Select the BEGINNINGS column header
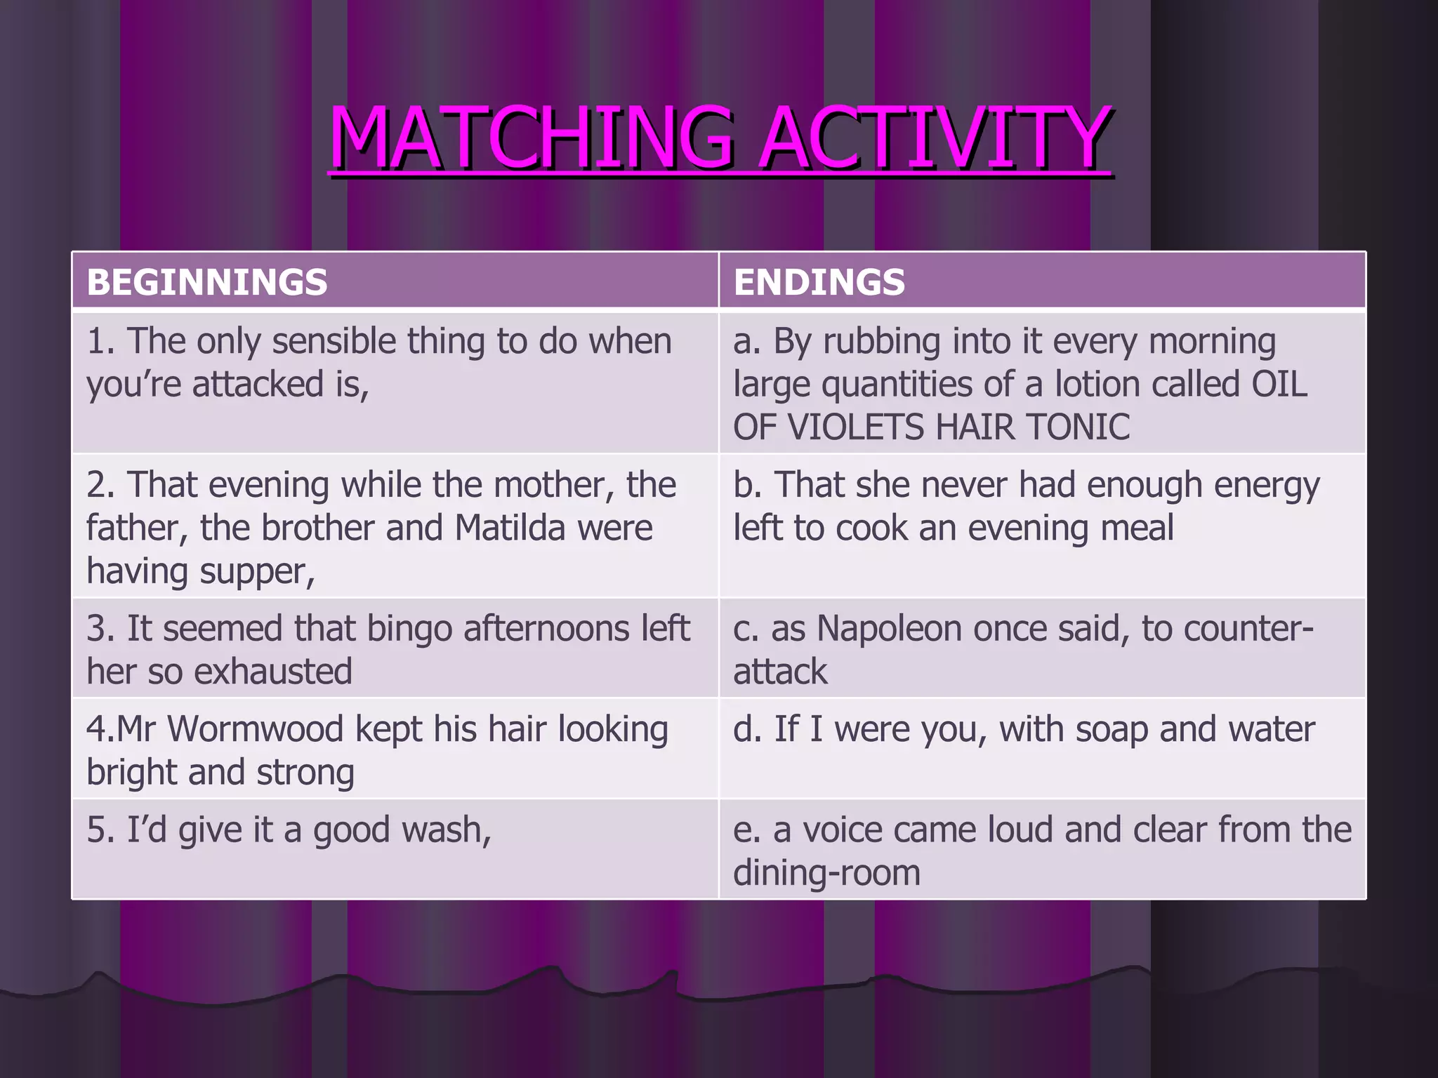coord(207,282)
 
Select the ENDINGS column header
coord(819,282)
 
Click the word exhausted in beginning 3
coord(273,672)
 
